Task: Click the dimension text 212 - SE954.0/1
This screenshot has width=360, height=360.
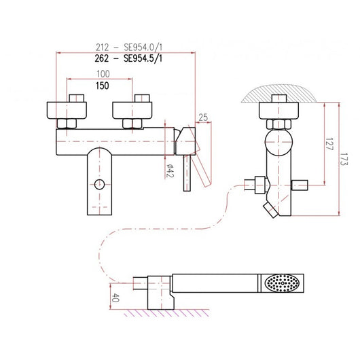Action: point(129,48)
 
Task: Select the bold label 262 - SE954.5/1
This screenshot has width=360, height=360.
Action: point(128,58)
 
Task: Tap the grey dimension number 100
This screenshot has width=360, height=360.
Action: point(103,74)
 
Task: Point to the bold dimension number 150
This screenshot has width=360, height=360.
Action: point(103,86)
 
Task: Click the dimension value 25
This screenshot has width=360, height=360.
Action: point(203,118)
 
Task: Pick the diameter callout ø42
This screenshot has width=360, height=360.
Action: point(170,170)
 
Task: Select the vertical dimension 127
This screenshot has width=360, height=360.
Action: point(329,144)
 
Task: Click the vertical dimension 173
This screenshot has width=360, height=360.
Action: point(344,159)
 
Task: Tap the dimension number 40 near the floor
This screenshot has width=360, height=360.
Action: point(116,298)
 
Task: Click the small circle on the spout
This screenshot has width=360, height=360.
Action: point(99,184)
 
